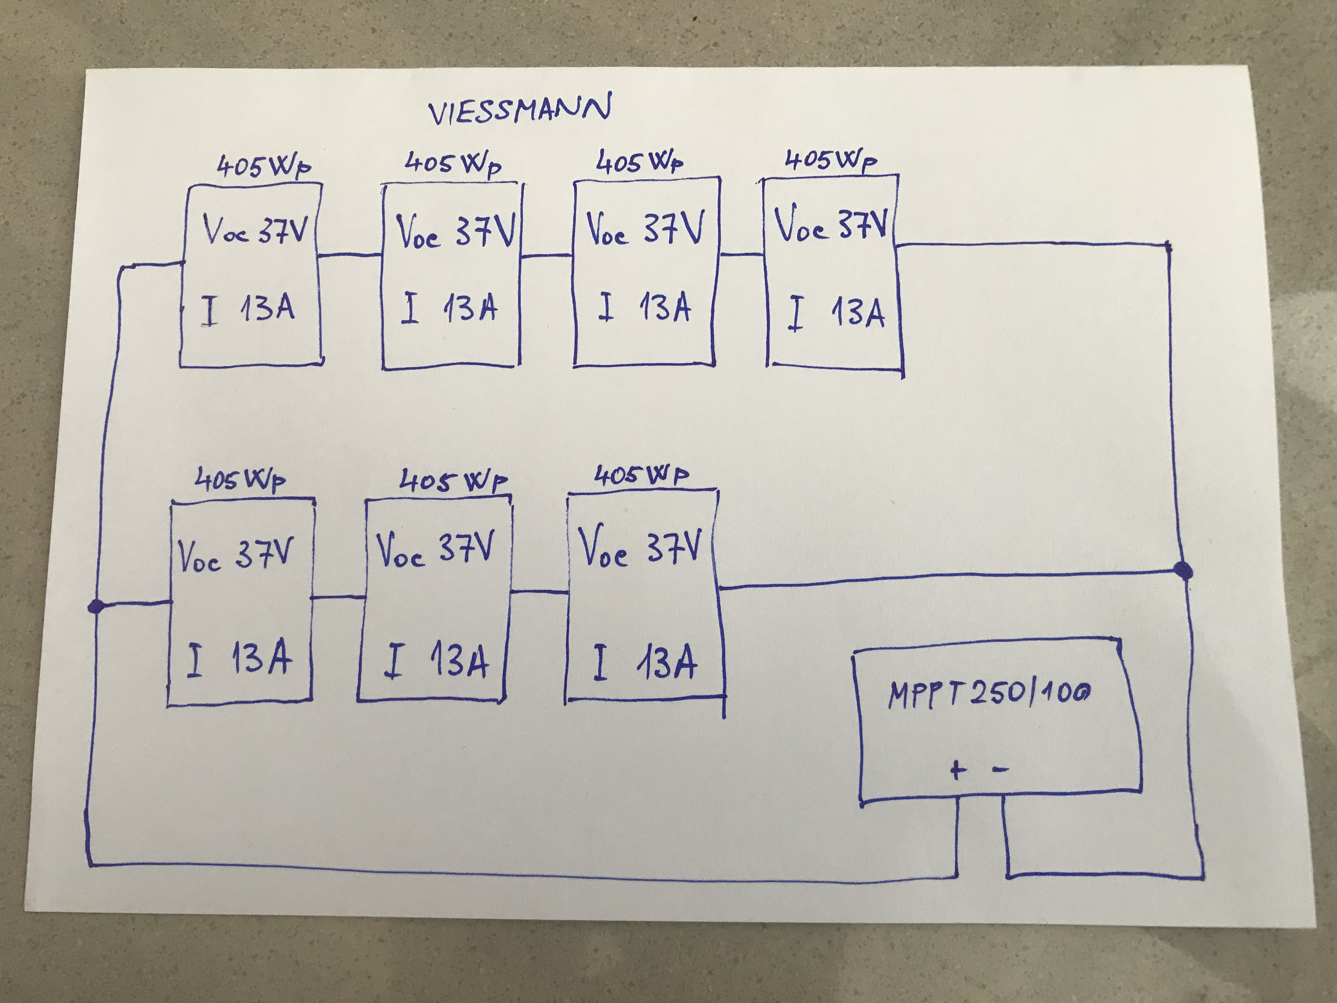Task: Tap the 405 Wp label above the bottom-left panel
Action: coord(240,481)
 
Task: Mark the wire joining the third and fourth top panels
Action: coord(742,254)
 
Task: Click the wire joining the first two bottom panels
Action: coord(339,597)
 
